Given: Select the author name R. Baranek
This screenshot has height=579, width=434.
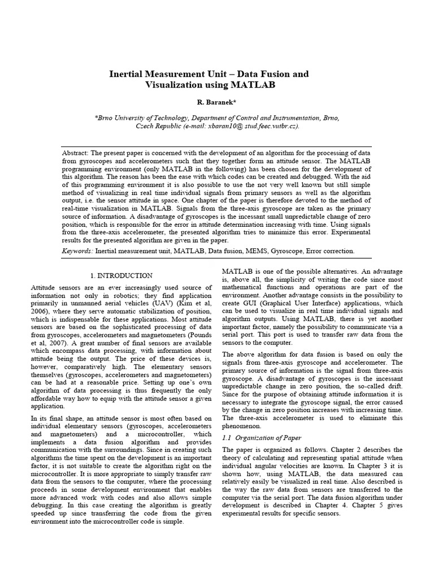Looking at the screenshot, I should click(x=216, y=104).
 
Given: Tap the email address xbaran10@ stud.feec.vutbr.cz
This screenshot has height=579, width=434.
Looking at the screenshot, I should click(x=245, y=126).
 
